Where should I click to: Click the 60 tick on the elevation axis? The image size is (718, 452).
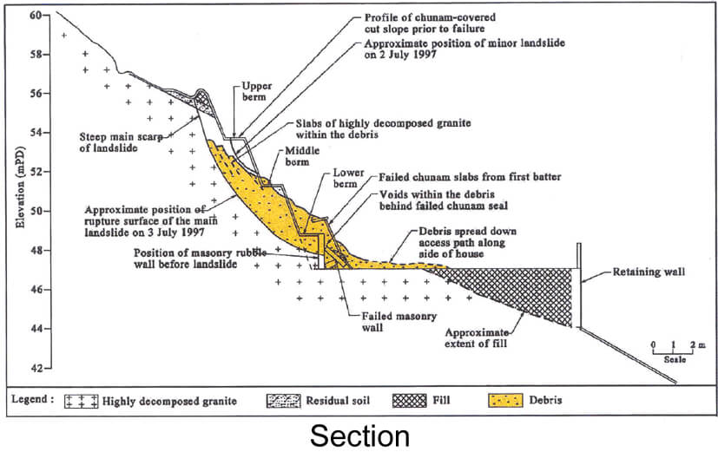coord(49,15)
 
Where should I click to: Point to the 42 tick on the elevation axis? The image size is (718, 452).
coord(49,369)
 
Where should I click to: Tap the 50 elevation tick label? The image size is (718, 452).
coord(35,211)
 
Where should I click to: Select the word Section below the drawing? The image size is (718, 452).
coord(359,434)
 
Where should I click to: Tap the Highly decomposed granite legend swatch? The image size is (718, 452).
coord(82,401)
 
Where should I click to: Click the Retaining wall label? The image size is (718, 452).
coord(648,272)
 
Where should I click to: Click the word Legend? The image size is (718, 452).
coord(34,401)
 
